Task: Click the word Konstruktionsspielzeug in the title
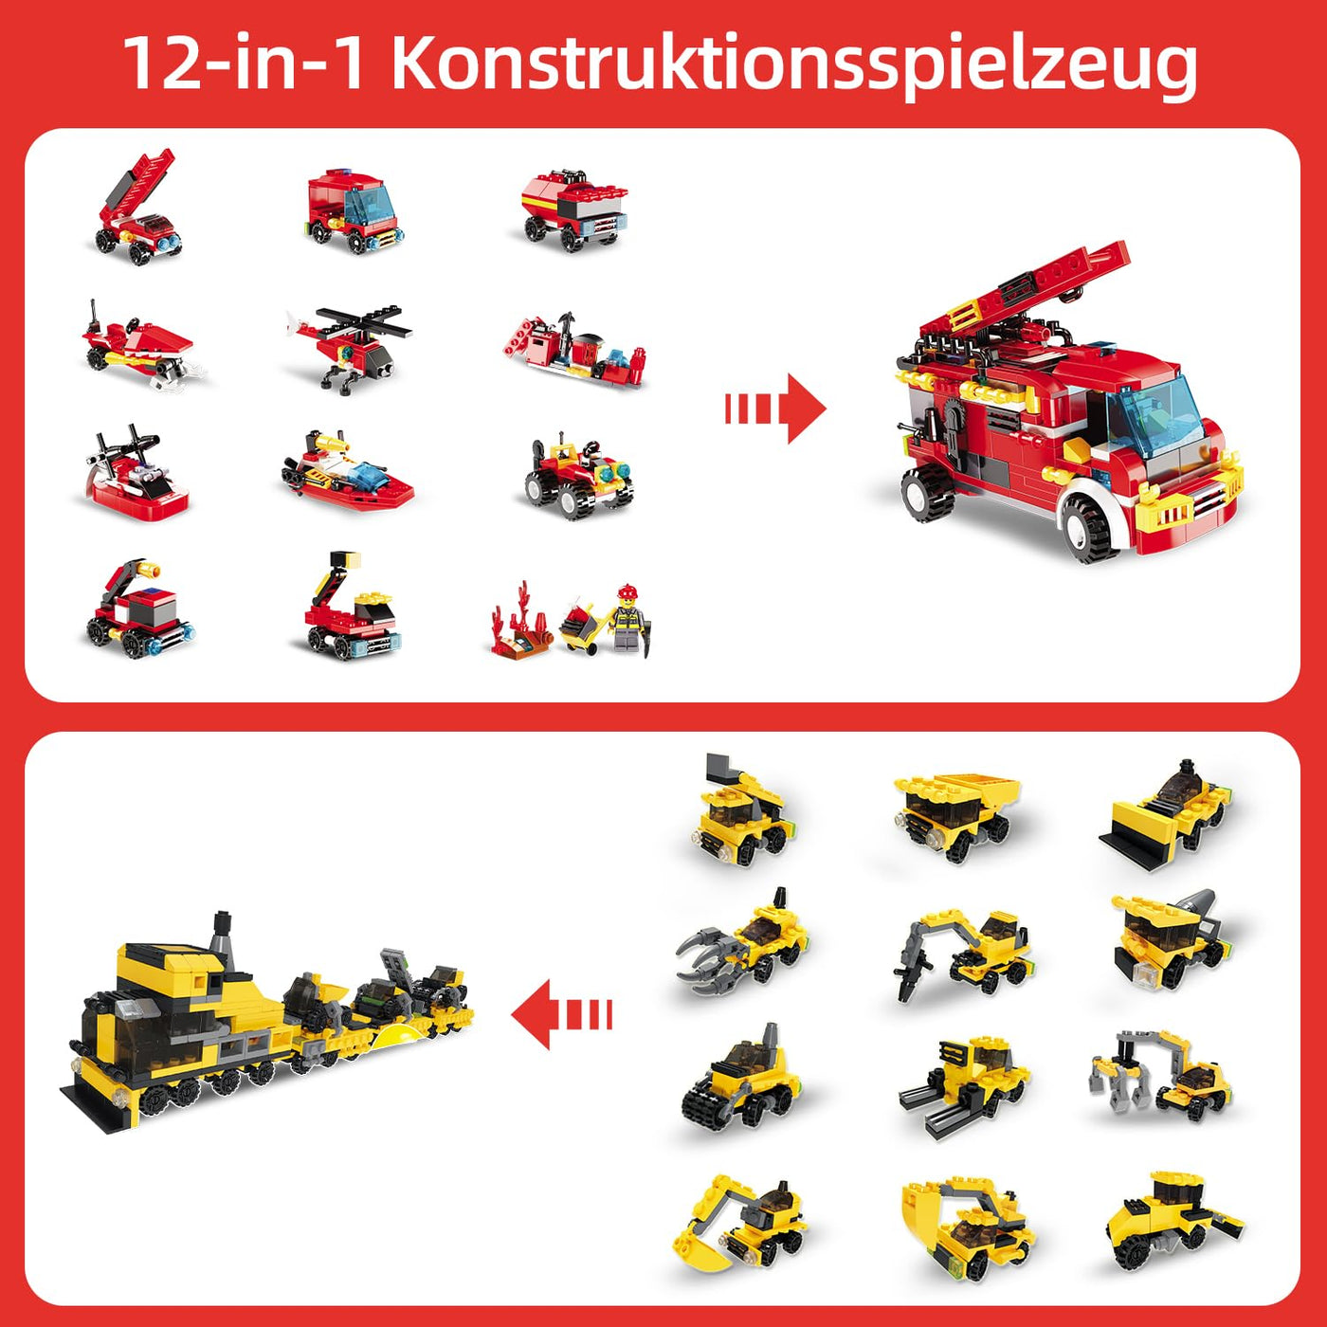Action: coord(794,64)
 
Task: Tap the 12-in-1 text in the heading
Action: coord(244,64)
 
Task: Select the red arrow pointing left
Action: coord(561,1015)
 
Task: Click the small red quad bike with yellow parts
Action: coord(578,476)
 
